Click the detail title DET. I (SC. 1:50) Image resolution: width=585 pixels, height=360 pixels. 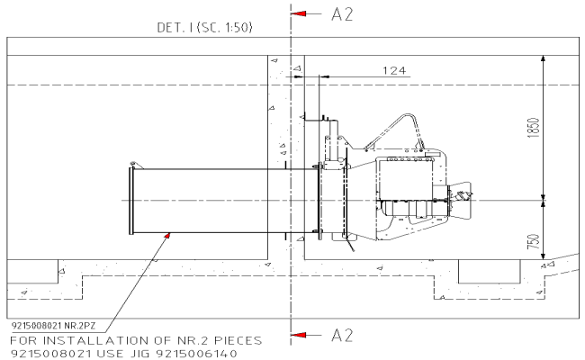[x=204, y=28]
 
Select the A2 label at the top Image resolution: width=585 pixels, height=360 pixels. [x=342, y=14]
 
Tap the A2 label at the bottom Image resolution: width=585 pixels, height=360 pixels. [x=342, y=336]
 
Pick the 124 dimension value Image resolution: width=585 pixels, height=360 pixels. [x=393, y=69]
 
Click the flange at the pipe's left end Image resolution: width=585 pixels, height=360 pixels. [x=132, y=200]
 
